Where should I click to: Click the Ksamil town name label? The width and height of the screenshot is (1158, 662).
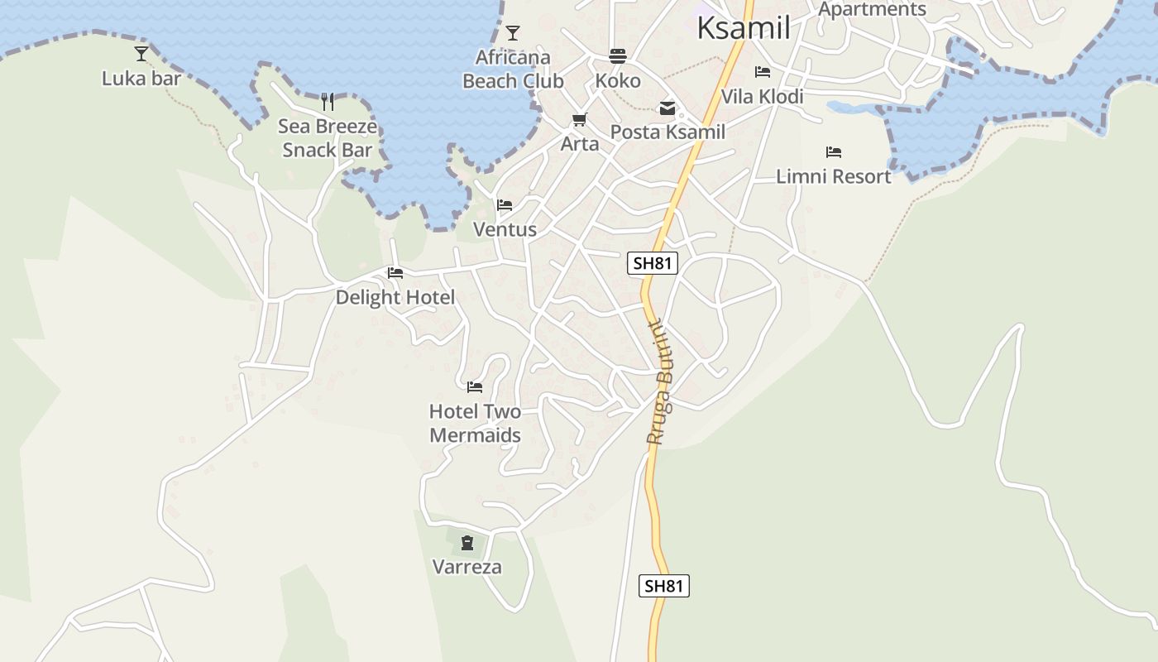coord(743,28)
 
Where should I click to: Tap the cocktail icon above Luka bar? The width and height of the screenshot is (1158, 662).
coord(141,54)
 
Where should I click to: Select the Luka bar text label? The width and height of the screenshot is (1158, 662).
coord(141,79)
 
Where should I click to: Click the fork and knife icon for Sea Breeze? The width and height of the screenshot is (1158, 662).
coord(328,102)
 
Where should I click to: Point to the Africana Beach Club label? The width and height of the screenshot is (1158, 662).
coord(513,70)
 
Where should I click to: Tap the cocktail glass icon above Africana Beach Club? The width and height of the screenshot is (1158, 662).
coord(513,33)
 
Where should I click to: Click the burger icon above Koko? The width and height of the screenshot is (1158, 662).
coord(618,56)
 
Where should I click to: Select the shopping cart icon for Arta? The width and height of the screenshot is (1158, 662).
coord(580,120)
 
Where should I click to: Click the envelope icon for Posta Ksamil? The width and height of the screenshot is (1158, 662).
coord(667,108)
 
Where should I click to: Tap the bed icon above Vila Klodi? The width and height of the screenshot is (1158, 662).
coord(763,72)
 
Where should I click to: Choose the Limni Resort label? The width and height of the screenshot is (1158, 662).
coord(833,176)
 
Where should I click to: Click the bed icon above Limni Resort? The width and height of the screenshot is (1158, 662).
coord(834,152)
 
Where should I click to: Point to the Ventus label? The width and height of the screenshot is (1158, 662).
coord(505,229)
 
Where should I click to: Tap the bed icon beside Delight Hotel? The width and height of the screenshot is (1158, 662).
coord(395,273)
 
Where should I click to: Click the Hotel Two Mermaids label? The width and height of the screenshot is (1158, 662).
coord(475,423)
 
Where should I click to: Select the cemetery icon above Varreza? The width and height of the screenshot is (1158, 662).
coord(467,543)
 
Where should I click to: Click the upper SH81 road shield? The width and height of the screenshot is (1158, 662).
coord(653,264)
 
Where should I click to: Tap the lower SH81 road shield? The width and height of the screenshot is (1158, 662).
coord(664,586)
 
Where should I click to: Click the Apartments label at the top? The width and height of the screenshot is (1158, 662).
coord(872,9)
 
